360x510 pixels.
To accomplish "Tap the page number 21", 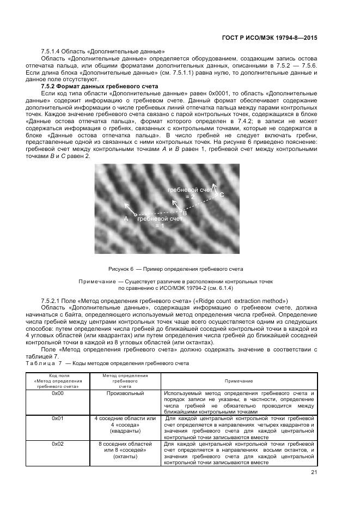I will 314,472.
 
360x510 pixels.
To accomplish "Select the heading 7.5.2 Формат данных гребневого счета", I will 99,87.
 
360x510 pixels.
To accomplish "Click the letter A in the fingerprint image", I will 126,218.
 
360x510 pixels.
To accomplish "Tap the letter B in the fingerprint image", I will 185,213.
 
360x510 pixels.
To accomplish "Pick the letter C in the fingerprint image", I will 222,195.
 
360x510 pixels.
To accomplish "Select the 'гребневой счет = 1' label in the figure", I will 159,222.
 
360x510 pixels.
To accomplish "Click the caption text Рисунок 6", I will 119,269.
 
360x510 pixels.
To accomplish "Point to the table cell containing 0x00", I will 58,393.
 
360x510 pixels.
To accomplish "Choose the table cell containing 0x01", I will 58,418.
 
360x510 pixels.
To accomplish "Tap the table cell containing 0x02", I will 58,444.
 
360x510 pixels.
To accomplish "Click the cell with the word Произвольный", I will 125,393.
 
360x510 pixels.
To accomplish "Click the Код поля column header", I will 58,375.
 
